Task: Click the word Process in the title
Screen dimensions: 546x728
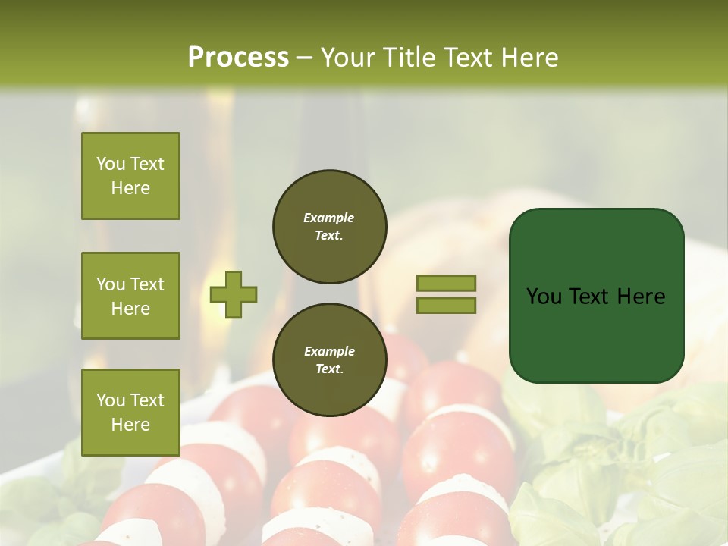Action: tap(238, 58)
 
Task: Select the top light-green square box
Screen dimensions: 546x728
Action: tap(130, 176)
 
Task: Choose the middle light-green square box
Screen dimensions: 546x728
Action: tap(130, 296)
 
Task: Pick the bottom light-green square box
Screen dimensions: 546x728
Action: tap(130, 412)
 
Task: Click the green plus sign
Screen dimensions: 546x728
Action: tap(234, 295)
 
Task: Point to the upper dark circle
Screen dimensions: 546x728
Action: tap(329, 227)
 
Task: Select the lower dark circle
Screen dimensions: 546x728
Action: tap(329, 360)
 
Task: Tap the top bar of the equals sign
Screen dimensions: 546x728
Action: tap(446, 284)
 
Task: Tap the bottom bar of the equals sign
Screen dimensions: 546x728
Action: tap(446, 306)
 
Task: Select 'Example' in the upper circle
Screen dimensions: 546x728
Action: tap(329, 218)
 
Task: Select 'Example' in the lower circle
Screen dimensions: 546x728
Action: tap(329, 351)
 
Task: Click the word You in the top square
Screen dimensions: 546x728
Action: tap(111, 164)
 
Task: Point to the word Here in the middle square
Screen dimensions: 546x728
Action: tap(130, 309)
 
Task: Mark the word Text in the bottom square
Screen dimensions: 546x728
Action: tap(147, 400)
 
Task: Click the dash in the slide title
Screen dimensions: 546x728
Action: tap(304, 58)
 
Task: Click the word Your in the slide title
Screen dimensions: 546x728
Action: tap(348, 58)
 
